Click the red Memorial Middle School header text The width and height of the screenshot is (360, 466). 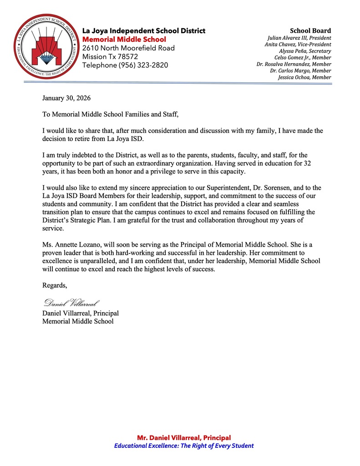pos(124,40)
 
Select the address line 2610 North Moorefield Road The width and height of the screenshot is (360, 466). pos(128,48)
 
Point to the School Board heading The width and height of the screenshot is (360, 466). pos(310,30)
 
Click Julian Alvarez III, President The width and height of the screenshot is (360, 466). pos(299,38)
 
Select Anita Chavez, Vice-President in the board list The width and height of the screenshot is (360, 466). pos(298,45)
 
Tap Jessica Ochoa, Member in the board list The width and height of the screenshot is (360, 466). pos(304,77)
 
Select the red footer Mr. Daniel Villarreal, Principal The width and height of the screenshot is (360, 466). pos(184,437)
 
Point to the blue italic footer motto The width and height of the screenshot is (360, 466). pos(184,446)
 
